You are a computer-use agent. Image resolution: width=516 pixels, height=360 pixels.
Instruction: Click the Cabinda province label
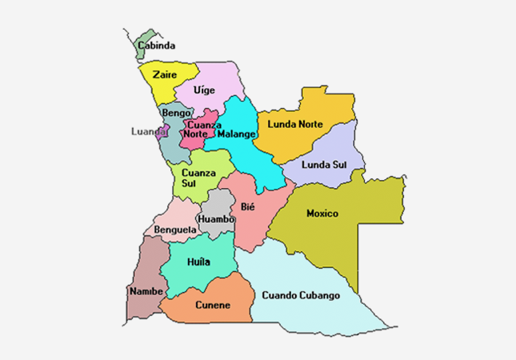(157, 46)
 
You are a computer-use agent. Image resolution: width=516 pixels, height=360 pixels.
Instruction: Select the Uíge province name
(204, 90)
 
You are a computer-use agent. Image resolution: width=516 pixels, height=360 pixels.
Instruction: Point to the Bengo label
(176, 113)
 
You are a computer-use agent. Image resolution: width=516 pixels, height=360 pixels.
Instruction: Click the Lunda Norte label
(295, 124)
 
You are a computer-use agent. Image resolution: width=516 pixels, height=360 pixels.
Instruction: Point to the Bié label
(247, 206)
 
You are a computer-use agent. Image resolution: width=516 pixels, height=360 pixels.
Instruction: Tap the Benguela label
(175, 230)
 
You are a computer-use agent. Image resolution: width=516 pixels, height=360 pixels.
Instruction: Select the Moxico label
(322, 214)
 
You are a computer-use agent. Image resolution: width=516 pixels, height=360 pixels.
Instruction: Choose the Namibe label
(146, 290)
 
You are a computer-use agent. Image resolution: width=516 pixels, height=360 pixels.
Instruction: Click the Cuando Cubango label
(302, 295)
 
